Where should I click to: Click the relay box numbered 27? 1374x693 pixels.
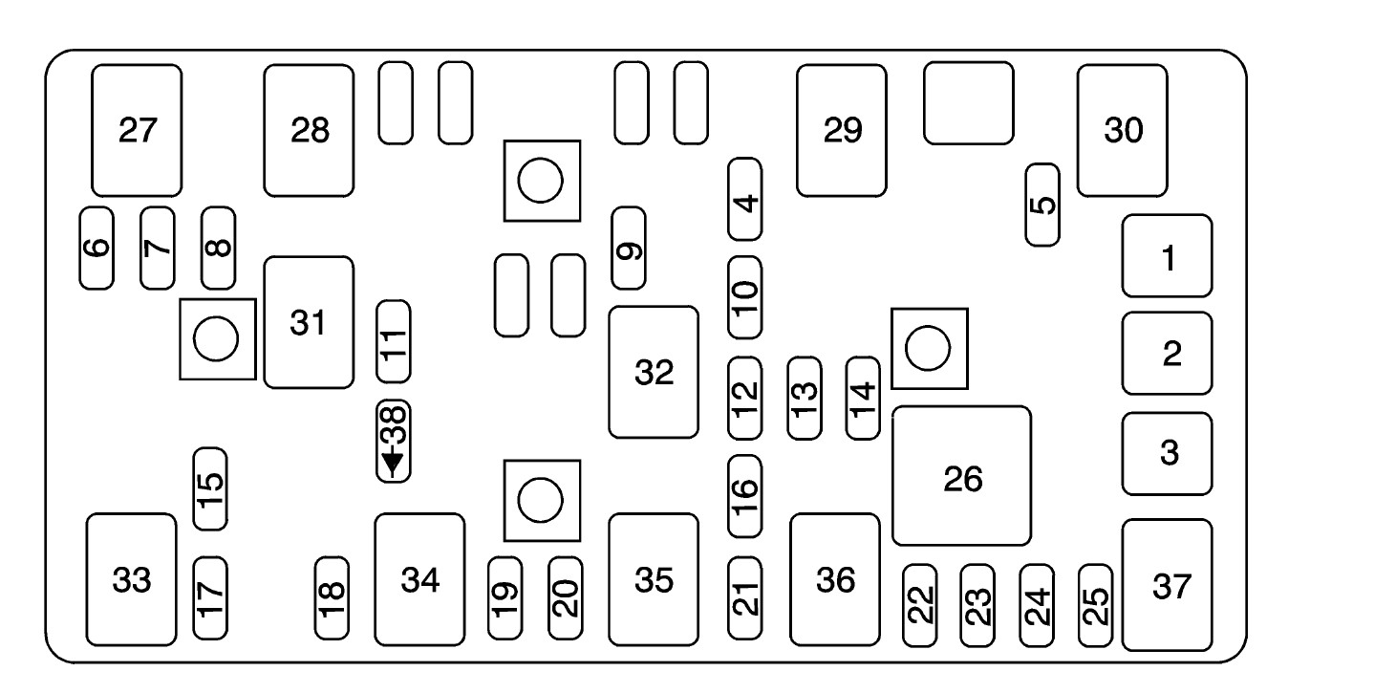[x=137, y=131]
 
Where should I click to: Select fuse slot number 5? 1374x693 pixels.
[x=1042, y=205]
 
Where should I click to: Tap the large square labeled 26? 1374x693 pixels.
[x=961, y=476]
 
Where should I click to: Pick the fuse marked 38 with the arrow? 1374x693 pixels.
[x=393, y=441]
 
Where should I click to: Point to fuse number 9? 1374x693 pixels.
[x=628, y=248]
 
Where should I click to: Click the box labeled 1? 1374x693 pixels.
[x=1167, y=256]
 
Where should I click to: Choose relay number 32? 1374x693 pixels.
[x=654, y=372]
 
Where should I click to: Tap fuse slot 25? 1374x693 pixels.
[x=1095, y=602]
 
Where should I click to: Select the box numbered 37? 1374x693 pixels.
[x=1167, y=585]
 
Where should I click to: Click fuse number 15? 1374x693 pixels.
[x=210, y=488]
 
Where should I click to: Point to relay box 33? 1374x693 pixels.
[x=132, y=579]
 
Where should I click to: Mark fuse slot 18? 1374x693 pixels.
[x=332, y=598]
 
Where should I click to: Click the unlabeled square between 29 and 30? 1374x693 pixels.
[x=969, y=103]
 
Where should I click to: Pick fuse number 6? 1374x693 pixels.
[x=96, y=247]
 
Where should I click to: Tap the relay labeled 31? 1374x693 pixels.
[x=308, y=322]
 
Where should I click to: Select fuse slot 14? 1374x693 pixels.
[x=864, y=398]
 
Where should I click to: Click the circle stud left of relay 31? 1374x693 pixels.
[x=217, y=338]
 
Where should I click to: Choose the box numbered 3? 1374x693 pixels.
[x=1167, y=454]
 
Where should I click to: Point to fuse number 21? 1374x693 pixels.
[x=745, y=597]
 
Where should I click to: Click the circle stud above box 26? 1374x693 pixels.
[x=929, y=348]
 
